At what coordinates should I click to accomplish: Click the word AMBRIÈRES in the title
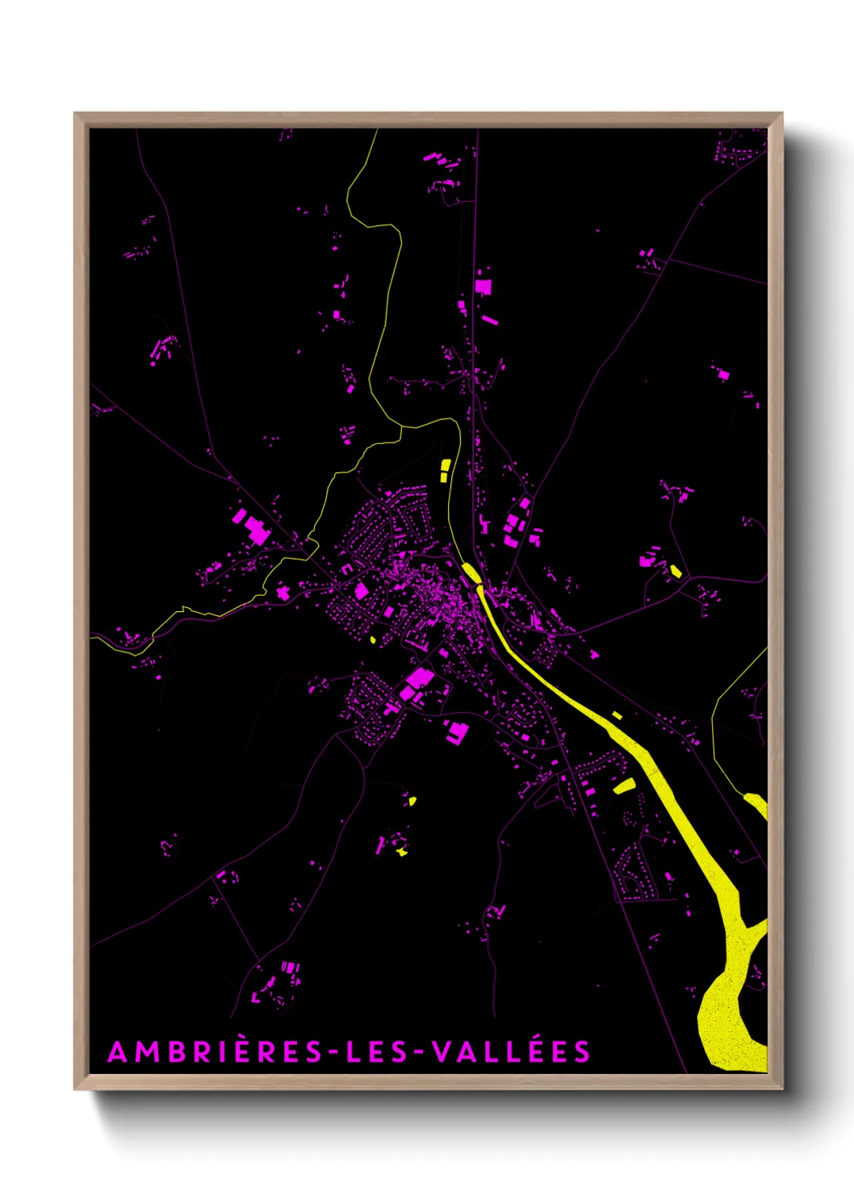pyautogui.click(x=214, y=1053)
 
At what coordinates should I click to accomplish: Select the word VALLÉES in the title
pyautogui.click(x=511, y=1053)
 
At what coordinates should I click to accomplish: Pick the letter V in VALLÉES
pyautogui.click(x=442, y=1053)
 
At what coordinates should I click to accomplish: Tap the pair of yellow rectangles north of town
pyautogui.click(x=445, y=470)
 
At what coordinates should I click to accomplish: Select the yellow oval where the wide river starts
pyautogui.click(x=471, y=572)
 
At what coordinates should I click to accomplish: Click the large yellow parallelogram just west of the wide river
pyautogui.click(x=624, y=785)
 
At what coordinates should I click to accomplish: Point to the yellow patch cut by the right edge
pyautogui.click(x=758, y=804)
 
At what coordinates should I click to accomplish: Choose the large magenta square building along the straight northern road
pyautogui.click(x=483, y=286)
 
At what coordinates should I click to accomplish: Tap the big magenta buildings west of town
pyautogui.click(x=252, y=526)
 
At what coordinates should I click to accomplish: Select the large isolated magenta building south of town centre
pyautogui.click(x=457, y=732)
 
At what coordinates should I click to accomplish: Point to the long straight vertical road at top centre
pyautogui.click(x=475, y=242)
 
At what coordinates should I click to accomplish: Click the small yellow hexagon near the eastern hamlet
pyautogui.click(x=676, y=572)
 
